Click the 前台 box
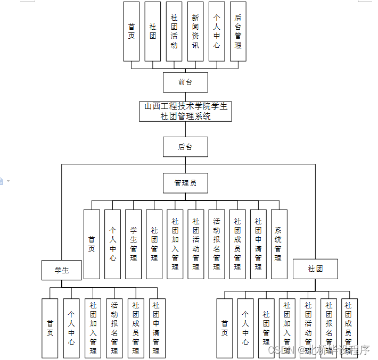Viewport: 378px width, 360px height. point(185,82)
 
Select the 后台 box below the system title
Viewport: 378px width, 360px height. point(185,147)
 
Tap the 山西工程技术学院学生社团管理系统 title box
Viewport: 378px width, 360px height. point(185,111)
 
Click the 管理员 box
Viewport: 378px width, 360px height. point(185,183)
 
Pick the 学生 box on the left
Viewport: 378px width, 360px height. point(62,270)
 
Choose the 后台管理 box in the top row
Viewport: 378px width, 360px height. point(238,31)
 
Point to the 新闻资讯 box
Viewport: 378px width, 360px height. point(195,31)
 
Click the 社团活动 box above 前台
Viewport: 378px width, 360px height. point(174,31)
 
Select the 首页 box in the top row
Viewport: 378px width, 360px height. point(132,31)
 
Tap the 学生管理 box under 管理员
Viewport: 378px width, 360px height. point(134,244)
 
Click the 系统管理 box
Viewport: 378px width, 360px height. point(279,244)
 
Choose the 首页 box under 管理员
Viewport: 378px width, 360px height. point(92,244)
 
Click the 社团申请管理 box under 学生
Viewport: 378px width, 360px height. point(157,328)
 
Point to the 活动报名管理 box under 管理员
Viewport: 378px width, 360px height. point(217,244)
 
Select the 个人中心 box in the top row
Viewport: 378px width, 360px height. point(217,31)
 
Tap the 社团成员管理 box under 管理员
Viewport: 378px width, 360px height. point(237,244)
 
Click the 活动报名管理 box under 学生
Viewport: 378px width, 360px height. point(114,328)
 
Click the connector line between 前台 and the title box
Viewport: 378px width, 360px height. point(185,97)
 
